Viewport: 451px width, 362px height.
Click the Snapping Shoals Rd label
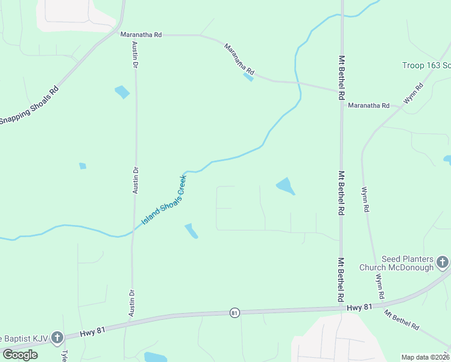click(29, 104)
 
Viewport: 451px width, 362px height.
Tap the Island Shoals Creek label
click(164, 200)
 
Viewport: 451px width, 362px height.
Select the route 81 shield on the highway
click(235, 313)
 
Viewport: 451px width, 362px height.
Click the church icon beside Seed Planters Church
click(443, 262)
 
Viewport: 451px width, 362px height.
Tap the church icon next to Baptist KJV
click(57, 337)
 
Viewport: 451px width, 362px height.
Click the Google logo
click(19, 355)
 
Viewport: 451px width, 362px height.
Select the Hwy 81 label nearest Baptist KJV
click(93, 331)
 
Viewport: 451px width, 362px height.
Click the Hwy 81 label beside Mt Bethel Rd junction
click(360, 308)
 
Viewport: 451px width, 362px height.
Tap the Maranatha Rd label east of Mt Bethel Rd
click(368, 106)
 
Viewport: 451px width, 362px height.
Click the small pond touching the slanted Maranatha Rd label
click(248, 77)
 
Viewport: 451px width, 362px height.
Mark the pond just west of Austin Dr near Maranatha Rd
click(122, 92)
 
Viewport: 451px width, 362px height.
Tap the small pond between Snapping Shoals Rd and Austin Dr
click(83, 166)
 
